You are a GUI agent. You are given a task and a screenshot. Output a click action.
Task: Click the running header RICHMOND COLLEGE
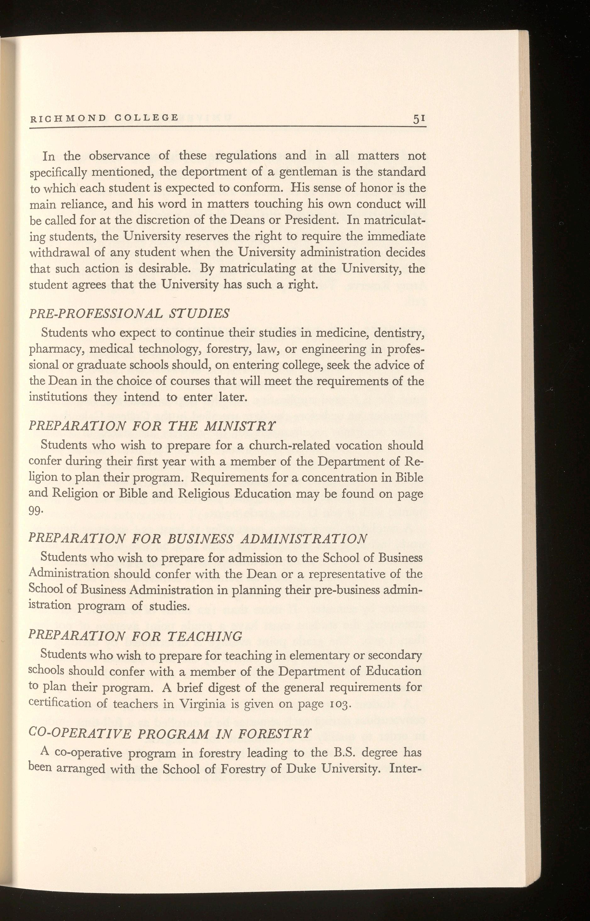click(x=104, y=118)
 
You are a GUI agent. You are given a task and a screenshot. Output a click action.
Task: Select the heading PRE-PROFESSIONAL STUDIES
click(x=130, y=314)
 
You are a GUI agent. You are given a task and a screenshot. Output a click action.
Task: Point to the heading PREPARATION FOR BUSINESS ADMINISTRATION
click(x=198, y=538)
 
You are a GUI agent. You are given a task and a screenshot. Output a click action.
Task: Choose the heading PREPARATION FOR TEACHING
click(x=136, y=635)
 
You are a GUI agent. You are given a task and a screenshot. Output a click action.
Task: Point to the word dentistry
click(x=398, y=333)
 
